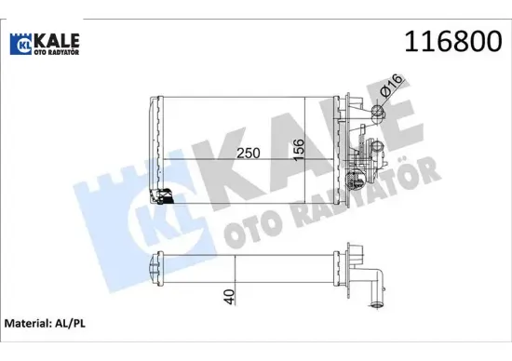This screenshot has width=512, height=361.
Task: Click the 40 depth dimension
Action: pyautogui.click(x=230, y=298)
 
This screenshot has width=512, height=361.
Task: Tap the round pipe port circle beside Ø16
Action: pyautogui.click(x=378, y=114)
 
